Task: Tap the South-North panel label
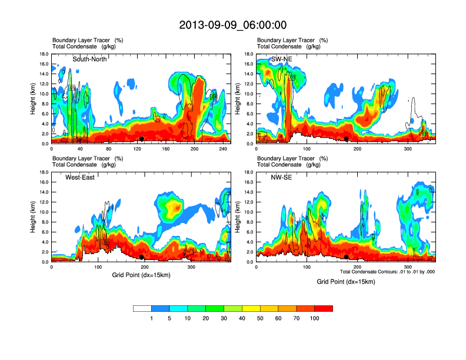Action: coord(89,59)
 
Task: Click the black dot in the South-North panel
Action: coord(142,139)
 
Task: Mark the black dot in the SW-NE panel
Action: coord(347,139)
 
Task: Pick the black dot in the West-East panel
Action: coord(142,257)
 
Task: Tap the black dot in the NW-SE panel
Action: coord(347,257)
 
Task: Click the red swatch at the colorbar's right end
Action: coord(324,308)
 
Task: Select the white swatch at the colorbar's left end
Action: coord(142,308)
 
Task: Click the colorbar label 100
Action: coord(315,318)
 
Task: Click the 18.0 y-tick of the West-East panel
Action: coord(43,172)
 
